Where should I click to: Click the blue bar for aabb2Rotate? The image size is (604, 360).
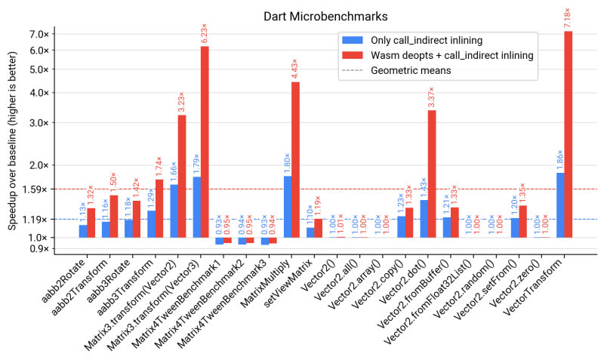[83, 231]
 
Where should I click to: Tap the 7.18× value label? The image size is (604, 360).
[568, 16]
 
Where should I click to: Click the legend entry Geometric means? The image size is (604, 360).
[410, 71]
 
